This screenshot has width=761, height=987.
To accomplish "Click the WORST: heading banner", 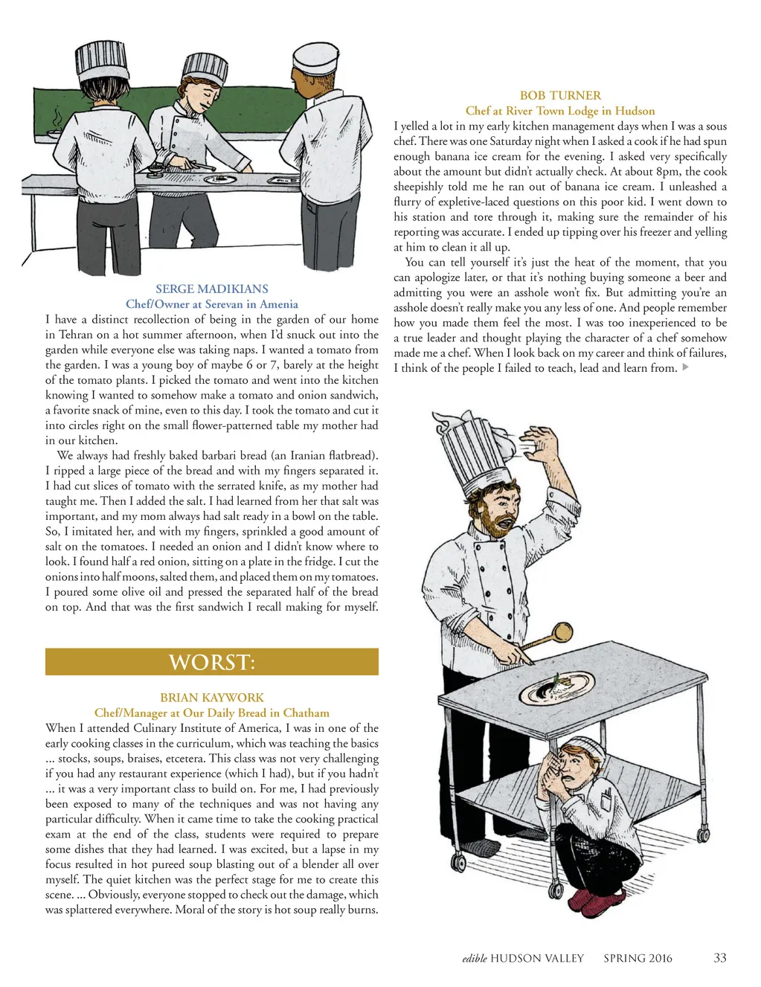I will (212, 662).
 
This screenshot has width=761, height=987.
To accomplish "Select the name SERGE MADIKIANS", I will (212, 289).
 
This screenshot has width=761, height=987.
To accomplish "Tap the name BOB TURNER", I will (560, 95).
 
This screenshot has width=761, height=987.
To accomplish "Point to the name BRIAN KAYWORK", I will (212, 698).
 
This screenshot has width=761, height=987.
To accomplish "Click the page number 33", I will (719, 958).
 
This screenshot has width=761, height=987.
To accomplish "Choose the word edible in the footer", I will (474, 959).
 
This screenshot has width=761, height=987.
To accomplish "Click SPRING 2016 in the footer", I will (638, 958).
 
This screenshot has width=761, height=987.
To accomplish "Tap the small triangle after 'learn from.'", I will (686, 367).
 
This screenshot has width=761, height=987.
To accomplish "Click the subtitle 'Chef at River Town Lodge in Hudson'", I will (560, 111).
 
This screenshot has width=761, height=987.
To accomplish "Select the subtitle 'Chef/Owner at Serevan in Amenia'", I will (212, 304).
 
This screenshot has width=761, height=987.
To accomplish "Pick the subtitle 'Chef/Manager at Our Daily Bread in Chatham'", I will (212, 713).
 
